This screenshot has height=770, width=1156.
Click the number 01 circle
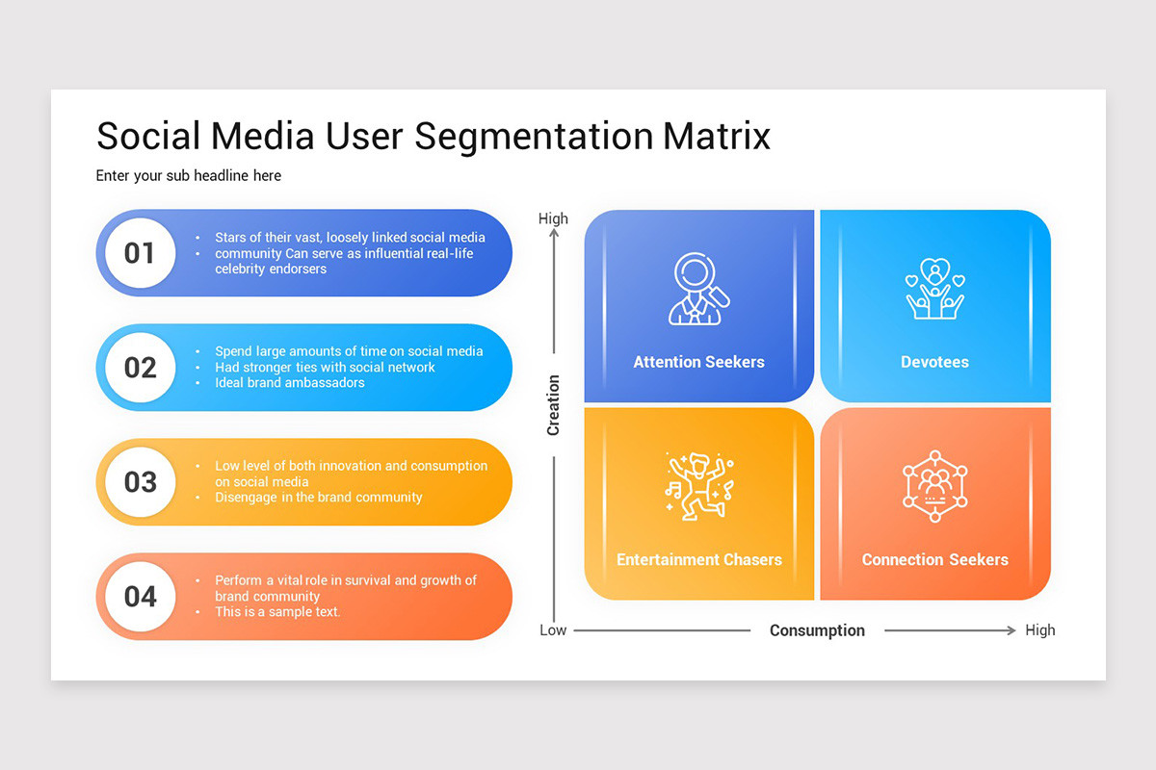click(140, 253)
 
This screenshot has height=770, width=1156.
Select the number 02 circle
click(140, 368)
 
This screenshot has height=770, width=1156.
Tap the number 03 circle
click(140, 482)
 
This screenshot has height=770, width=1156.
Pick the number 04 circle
click(140, 597)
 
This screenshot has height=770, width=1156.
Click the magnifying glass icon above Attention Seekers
click(698, 289)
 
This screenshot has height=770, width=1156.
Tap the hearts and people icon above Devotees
click(934, 289)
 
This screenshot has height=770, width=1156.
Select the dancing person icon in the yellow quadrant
click(698, 486)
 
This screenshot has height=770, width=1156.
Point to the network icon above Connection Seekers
click(934, 486)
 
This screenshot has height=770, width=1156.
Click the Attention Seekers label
click(698, 362)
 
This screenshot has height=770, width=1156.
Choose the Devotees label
click(934, 362)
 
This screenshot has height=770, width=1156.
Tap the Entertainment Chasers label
click(698, 559)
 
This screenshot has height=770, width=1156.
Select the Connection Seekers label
click(934, 559)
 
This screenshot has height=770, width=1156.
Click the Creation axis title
click(553, 405)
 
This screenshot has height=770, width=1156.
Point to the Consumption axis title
click(817, 630)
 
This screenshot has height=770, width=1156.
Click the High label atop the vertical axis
click(553, 218)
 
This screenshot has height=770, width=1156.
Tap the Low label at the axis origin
click(553, 630)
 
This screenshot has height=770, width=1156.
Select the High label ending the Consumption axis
click(1039, 630)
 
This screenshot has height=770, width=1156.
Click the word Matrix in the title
click(717, 136)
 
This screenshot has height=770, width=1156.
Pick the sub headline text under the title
click(188, 175)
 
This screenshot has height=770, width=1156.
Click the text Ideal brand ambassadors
click(289, 383)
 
